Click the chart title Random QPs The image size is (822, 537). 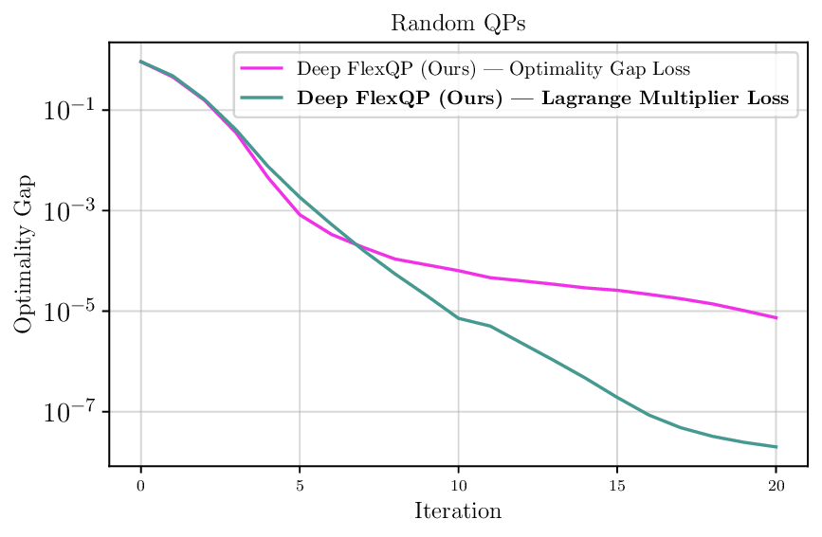pyautogui.click(x=458, y=24)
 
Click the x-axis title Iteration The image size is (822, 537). pyautogui.click(x=458, y=511)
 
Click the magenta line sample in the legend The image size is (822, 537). pyautogui.click(x=263, y=69)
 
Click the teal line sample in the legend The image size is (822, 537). pyautogui.click(x=263, y=98)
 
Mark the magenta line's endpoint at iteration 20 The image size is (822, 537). pyautogui.click(x=776, y=318)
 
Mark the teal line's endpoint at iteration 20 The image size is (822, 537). pyautogui.click(x=776, y=447)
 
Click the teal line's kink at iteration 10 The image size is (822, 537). pyautogui.click(x=459, y=318)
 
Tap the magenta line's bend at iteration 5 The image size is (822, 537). pyautogui.click(x=300, y=215)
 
